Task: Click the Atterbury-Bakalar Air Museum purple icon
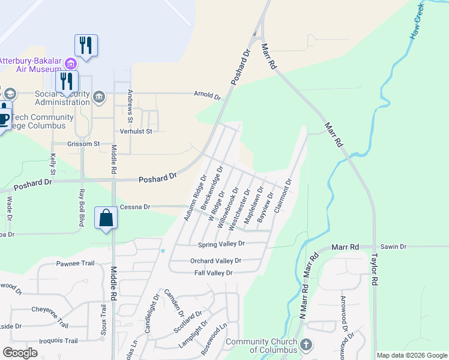pyautogui.click(x=71, y=64)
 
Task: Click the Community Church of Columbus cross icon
pyautogui.click(x=307, y=344)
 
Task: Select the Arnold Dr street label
pyautogui.click(x=207, y=95)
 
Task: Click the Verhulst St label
pyautogui.click(x=136, y=131)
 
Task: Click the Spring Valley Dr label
pyautogui.click(x=221, y=244)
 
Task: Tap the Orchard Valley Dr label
pyautogui.click(x=215, y=261)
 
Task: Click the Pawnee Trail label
pyautogui.click(x=76, y=263)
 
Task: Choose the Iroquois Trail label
pyautogui.click(x=55, y=341)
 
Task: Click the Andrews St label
pyautogui.click(x=130, y=104)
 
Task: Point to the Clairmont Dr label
pyautogui.click(x=283, y=196)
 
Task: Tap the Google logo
pyautogui.click(x=20, y=353)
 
